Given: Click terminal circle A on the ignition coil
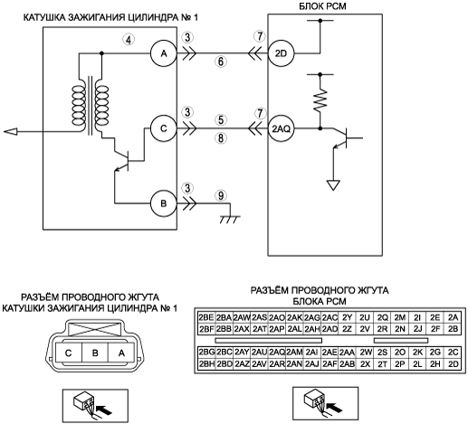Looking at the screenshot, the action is (164, 53).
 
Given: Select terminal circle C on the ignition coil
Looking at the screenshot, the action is (164, 128).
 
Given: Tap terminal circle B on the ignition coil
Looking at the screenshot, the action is (164, 203).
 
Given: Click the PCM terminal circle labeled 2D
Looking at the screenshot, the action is (282, 53).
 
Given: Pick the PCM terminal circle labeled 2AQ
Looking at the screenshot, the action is (282, 128).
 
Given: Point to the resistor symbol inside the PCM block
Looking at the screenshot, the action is (320, 99).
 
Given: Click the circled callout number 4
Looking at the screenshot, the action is (129, 40).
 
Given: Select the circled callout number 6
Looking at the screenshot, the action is (221, 61).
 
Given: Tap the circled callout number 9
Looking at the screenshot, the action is (221, 195).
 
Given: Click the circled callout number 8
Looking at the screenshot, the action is (221, 138).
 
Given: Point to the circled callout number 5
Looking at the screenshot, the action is (221, 120).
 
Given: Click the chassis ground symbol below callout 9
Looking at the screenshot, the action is (230, 220).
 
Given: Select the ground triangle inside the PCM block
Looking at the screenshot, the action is (333, 185).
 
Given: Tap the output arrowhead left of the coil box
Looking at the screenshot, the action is (11, 132).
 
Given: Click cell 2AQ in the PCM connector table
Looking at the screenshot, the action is (277, 352).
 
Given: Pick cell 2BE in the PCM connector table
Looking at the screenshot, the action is (206, 317).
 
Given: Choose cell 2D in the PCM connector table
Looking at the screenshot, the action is (453, 364).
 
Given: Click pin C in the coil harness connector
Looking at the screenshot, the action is (69, 353).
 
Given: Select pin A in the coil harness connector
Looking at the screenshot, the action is (121, 353).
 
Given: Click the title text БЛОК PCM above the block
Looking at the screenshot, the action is (322, 6).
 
